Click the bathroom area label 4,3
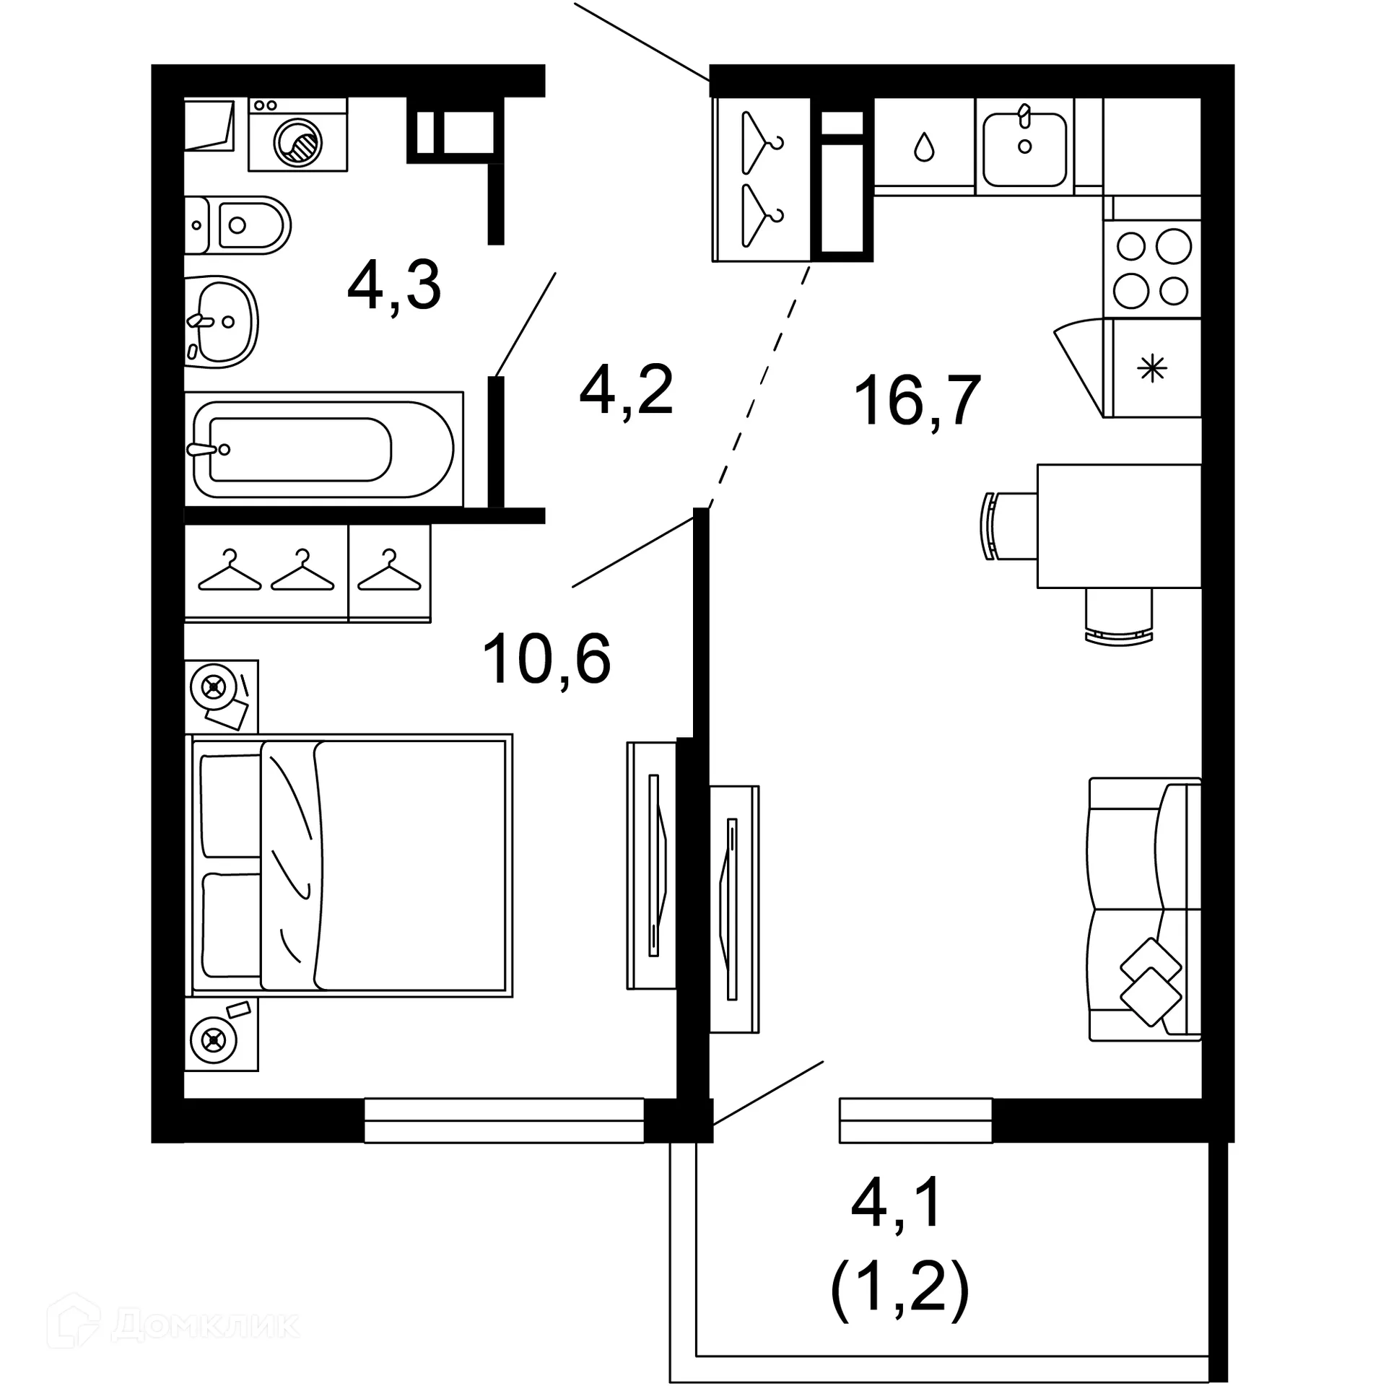point(393,287)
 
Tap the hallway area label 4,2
point(626,391)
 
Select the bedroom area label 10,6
point(546,658)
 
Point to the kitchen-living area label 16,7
point(917,401)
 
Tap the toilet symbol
point(238,225)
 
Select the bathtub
point(323,449)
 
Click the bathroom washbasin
point(221,321)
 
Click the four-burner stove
point(1152,269)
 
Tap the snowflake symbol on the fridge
point(1152,370)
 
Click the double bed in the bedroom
point(350,866)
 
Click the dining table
point(1119,526)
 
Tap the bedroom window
point(503,1120)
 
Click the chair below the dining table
point(1118,616)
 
